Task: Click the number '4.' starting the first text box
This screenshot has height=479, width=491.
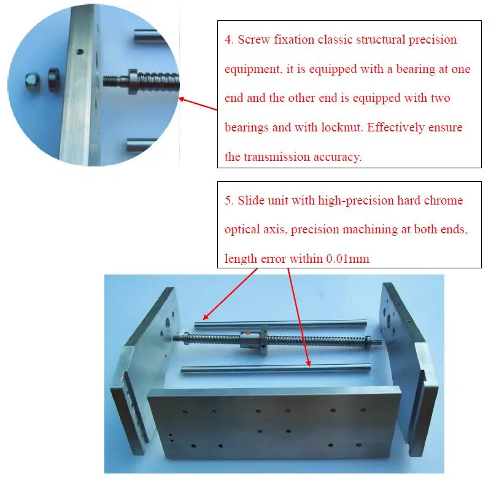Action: click(229, 41)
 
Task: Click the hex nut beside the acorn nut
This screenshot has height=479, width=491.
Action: click(53, 80)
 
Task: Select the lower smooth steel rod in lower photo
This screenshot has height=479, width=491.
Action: click(276, 367)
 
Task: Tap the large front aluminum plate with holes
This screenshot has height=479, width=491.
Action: click(270, 430)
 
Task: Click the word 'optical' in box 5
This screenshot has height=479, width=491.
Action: click(241, 230)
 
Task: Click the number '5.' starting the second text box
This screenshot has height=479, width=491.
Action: click(229, 201)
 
